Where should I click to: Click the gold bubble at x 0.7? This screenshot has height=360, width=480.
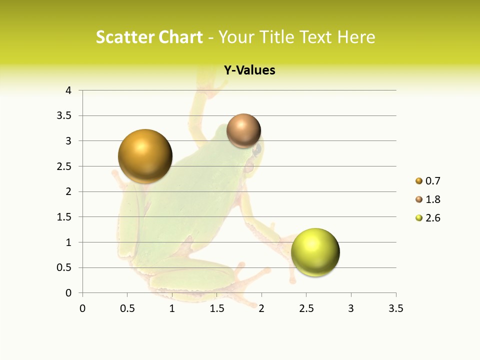145,156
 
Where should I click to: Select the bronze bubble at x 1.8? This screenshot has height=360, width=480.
243,131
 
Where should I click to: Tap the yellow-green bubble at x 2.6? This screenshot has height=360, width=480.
315,252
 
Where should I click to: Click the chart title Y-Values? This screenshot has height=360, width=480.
249,70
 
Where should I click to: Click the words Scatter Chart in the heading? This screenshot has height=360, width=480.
149,37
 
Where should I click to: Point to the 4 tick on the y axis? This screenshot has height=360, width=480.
68,90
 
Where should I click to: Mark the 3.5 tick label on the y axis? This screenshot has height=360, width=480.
65,116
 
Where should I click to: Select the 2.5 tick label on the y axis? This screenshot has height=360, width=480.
65,166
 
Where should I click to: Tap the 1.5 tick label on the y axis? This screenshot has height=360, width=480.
65,217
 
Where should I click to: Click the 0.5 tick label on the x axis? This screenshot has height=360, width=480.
127,308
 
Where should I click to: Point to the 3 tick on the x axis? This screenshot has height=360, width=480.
351,308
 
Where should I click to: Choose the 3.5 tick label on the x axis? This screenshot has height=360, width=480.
395,308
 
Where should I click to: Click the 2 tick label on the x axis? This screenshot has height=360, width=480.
261,308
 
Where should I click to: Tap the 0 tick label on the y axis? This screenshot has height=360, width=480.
68,293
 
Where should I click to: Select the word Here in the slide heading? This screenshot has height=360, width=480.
356,37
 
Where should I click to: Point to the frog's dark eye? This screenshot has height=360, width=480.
257,149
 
